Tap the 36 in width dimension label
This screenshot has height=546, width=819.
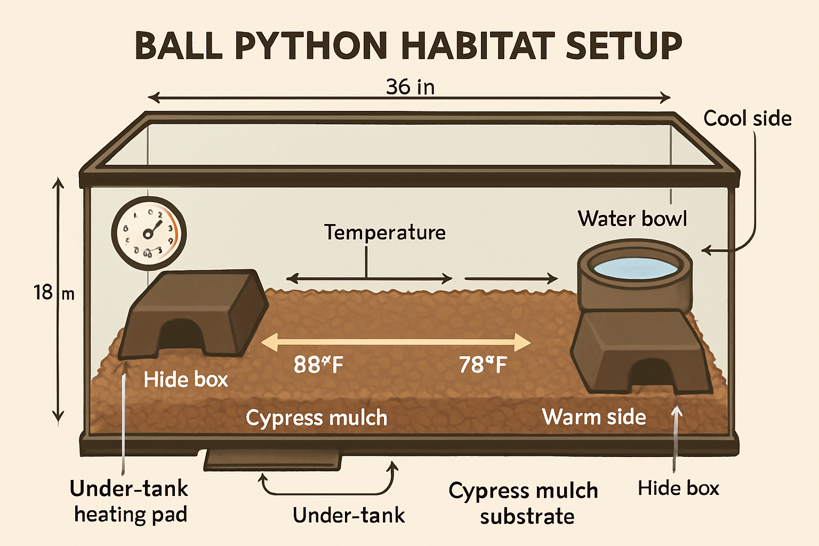click(x=410, y=87)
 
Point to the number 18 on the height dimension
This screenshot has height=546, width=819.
click(x=43, y=293)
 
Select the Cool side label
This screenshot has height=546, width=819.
click(x=747, y=118)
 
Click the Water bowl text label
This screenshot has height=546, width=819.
click(x=632, y=219)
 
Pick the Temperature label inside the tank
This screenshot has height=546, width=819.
click(x=385, y=232)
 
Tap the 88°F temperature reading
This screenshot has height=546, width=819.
click(x=318, y=365)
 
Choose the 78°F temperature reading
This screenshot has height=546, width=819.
click(x=483, y=365)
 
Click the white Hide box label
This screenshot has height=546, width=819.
click(x=186, y=380)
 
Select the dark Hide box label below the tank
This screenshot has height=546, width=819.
click(x=678, y=488)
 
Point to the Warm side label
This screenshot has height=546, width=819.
click(x=594, y=417)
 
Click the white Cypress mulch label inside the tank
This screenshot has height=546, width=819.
click(x=316, y=418)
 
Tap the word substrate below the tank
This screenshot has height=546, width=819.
click(x=527, y=517)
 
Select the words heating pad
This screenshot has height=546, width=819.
click(x=131, y=515)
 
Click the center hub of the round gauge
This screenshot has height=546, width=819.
click(x=148, y=234)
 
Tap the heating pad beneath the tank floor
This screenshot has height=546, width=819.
click(x=272, y=460)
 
